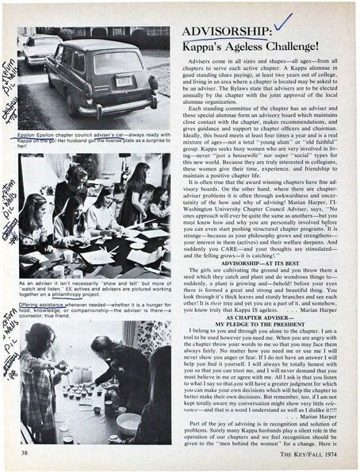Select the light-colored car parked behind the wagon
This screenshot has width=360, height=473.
tap(39, 48)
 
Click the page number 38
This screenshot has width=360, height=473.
tap(21, 453)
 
